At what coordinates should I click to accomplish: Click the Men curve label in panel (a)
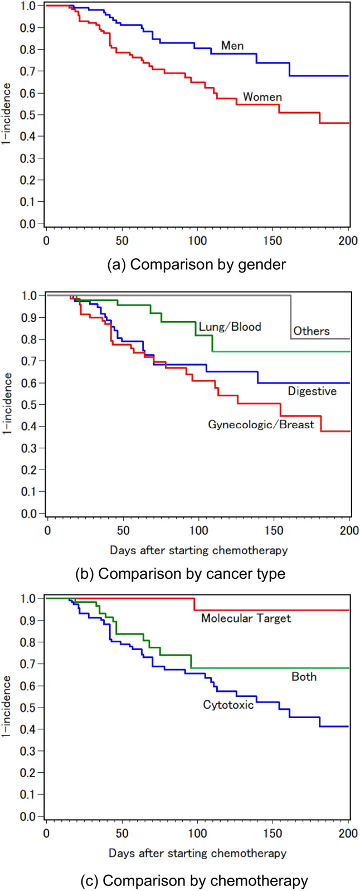pyautogui.click(x=232, y=45)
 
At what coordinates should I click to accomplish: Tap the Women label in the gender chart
pyautogui.click(x=262, y=97)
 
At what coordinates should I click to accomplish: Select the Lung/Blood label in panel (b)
pyautogui.click(x=230, y=327)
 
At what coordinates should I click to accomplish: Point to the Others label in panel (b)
pyautogui.click(x=312, y=331)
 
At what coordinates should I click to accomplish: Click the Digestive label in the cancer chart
pyautogui.click(x=312, y=391)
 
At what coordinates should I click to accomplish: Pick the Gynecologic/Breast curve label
pyautogui.click(x=261, y=424)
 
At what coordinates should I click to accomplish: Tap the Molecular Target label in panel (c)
pyautogui.click(x=246, y=618)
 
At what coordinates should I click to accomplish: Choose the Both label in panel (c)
pyautogui.click(x=304, y=677)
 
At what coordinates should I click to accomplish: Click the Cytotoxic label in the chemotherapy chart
pyautogui.click(x=228, y=705)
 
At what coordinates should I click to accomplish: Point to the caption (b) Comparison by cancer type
pyautogui.click(x=181, y=573)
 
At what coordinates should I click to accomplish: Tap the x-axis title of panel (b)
pyautogui.click(x=199, y=550)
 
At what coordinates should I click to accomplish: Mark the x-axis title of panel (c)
pyautogui.click(x=197, y=853)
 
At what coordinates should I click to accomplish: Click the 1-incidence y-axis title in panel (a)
pyautogui.click(x=7, y=114)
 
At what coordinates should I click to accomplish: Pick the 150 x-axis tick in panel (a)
pyautogui.click(x=273, y=241)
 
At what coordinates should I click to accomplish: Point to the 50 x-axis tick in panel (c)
pyautogui.click(x=122, y=834)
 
